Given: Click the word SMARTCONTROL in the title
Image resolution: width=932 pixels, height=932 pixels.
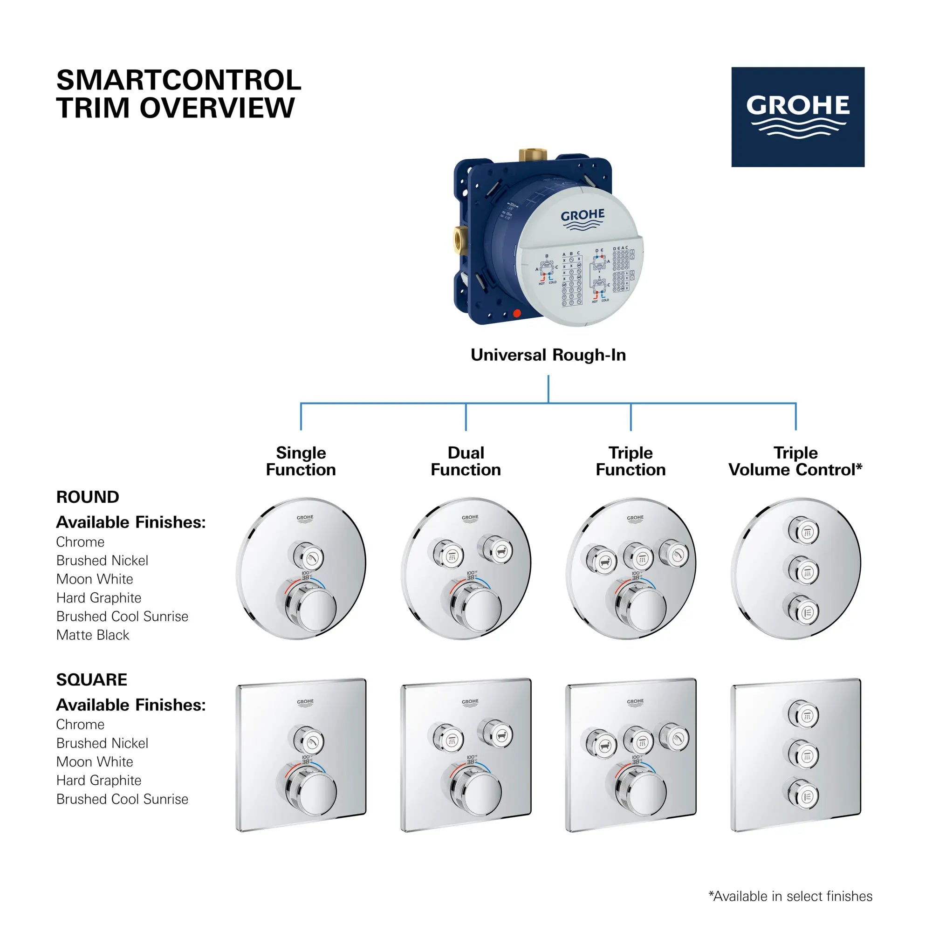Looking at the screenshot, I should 178,80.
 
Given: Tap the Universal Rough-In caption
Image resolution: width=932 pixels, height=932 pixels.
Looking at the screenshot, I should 548,355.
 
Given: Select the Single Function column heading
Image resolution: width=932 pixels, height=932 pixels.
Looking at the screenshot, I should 301,461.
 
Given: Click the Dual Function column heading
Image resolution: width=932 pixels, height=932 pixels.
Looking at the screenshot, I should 466,461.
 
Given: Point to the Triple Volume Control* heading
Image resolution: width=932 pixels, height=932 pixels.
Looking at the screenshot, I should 795,461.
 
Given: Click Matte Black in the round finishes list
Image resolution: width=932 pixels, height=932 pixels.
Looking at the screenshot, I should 93,635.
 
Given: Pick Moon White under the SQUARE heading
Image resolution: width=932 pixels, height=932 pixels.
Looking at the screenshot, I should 95,762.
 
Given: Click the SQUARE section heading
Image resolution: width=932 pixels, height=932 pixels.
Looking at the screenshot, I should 92,680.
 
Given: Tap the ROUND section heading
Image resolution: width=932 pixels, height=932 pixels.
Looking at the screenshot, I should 88,497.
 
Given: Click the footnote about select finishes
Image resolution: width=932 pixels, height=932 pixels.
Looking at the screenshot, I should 790,896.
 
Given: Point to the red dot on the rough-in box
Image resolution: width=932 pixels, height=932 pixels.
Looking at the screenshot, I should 517,314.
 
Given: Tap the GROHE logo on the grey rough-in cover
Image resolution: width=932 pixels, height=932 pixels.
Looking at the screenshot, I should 582,219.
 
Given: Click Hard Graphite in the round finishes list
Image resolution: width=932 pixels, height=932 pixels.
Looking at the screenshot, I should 99,598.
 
